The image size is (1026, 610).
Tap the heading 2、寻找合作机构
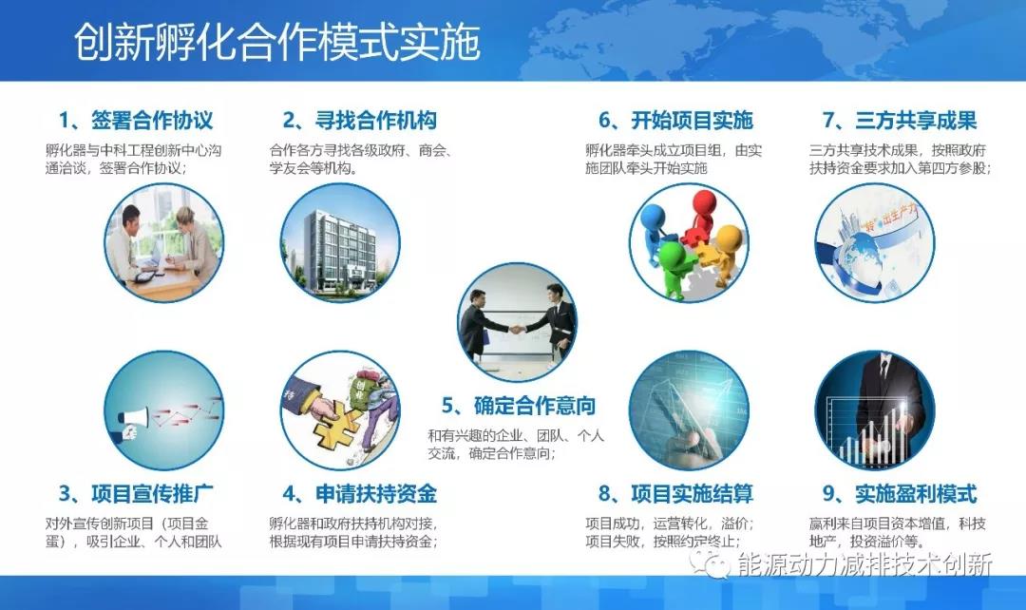(360, 121)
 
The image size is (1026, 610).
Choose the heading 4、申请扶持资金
(360, 494)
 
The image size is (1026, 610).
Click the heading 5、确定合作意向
(519, 406)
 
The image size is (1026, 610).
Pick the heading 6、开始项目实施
(675, 121)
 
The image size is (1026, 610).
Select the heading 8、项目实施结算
(675, 494)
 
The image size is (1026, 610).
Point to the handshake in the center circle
(517, 329)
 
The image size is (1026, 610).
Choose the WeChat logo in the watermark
(709, 563)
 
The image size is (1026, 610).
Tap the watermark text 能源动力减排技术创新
(864, 564)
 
